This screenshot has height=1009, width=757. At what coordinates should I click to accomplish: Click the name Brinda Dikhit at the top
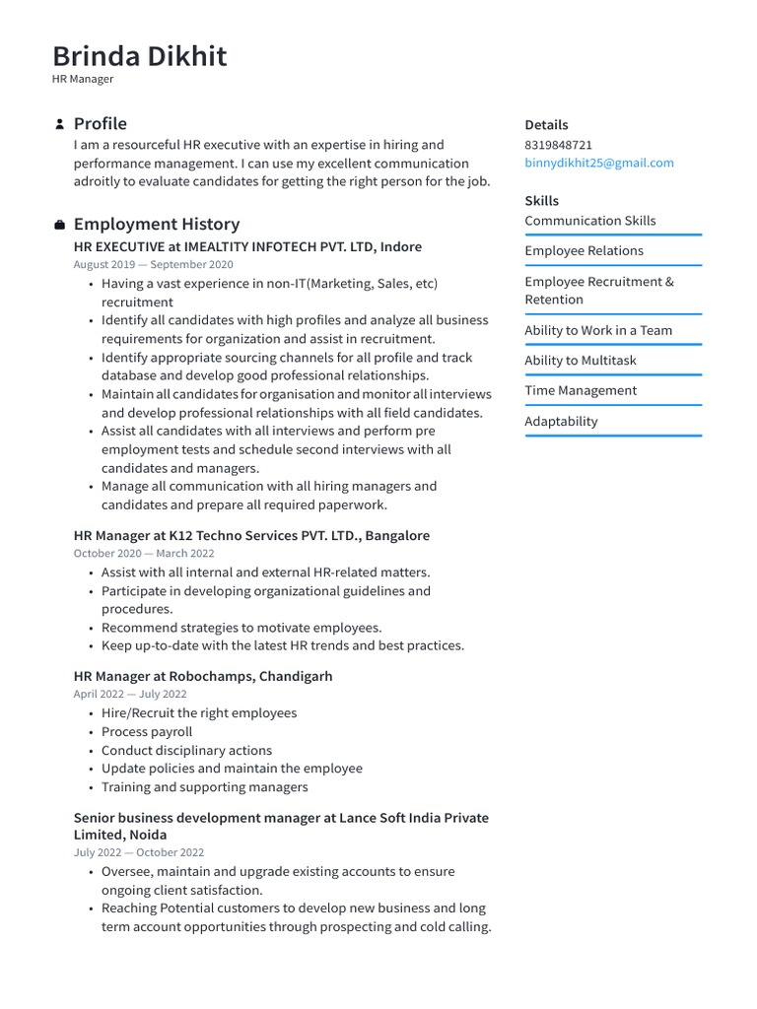139,56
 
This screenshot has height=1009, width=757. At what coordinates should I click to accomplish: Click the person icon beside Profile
60,124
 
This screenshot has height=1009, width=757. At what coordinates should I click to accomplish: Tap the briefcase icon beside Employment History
60,225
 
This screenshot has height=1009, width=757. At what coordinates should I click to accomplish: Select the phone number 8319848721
558,145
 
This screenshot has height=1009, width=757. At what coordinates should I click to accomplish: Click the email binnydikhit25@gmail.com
598,163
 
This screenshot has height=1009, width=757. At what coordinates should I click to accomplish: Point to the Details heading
546,125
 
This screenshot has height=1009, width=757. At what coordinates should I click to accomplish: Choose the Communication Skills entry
589,221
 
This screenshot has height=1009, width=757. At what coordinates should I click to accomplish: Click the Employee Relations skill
584,251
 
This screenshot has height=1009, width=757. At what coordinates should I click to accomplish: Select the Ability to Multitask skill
580,361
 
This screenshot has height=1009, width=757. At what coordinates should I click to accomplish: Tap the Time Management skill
581,391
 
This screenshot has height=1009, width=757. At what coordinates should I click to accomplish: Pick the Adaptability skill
561,422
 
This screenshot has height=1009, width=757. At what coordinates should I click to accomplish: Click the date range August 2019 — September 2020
153,265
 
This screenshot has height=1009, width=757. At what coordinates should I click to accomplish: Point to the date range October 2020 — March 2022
143,554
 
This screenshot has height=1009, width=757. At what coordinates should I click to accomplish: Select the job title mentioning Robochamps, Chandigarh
203,677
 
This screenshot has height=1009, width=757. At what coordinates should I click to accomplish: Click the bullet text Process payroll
147,732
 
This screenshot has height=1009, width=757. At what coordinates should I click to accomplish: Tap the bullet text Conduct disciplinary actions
186,751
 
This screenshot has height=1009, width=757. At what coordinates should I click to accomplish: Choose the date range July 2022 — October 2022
138,853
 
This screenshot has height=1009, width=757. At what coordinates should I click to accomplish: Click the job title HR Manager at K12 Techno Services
251,536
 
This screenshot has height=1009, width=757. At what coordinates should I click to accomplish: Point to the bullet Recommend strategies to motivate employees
241,628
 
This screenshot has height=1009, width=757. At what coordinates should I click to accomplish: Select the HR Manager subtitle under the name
83,79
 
